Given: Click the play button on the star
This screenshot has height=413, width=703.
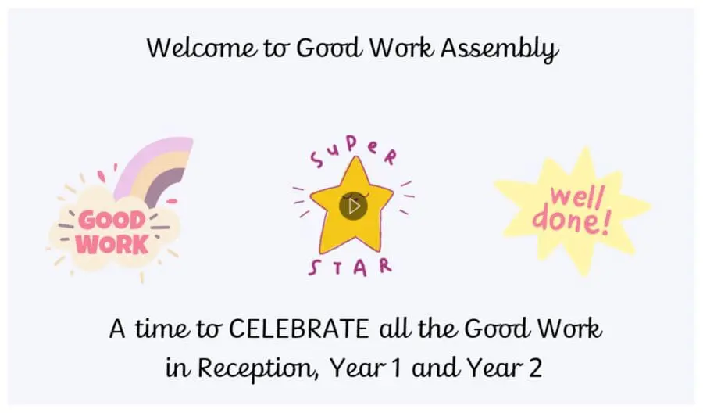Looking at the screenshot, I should (x=353, y=206).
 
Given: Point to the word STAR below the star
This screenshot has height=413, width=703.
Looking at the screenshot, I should (x=351, y=267).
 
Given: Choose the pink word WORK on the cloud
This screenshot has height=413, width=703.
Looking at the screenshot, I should (x=112, y=244).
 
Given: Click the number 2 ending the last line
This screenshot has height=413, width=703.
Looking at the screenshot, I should (x=534, y=367).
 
